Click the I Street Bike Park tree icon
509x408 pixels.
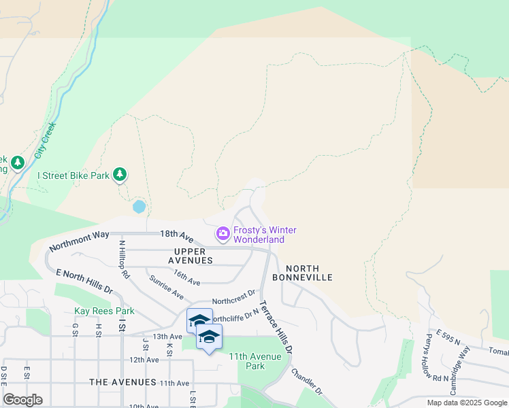coord(120,175)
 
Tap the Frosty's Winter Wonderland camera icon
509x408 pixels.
coord(223,235)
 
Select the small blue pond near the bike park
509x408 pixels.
coord(139,205)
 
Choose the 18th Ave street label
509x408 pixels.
coord(176,235)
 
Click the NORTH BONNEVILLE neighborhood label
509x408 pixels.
coord(302,273)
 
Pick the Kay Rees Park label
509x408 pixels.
coord(104,311)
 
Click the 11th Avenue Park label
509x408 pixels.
coord(255,361)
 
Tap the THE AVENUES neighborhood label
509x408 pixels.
coord(122,383)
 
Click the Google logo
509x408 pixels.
coord(22,400)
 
